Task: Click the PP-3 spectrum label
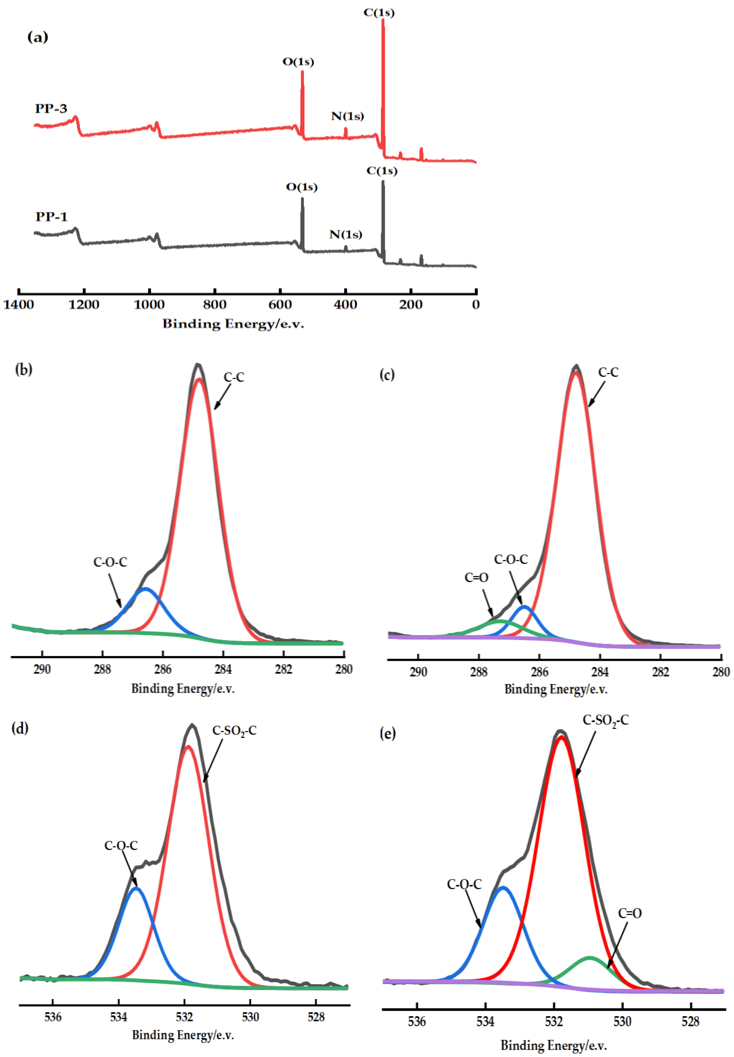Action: tap(51, 109)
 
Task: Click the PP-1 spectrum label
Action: tap(52, 217)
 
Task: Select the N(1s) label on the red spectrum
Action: tap(347, 116)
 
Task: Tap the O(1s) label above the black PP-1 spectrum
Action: tap(302, 187)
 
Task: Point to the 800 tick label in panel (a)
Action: tap(215, 304)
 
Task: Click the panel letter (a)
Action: tap(38, 37)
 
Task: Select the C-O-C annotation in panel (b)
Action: tap(110, 562)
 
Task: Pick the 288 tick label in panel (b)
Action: tap(102, 669)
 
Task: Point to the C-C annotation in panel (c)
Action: tap(609, 372)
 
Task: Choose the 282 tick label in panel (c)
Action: tap(660, 672)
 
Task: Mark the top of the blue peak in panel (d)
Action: tap(137, 888)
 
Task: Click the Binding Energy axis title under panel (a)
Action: tap(233, 324)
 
